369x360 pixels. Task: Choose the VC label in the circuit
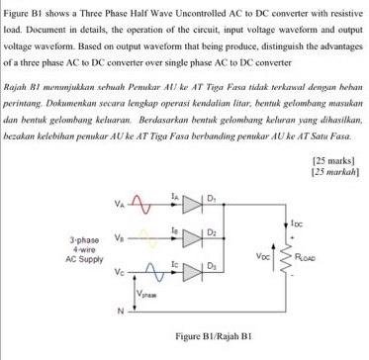[x=118, y=270]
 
